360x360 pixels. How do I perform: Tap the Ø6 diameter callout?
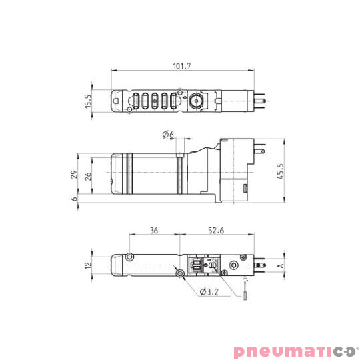[168, 135]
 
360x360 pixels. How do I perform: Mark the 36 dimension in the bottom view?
[154, 231]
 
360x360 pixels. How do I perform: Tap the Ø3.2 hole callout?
[208, 291]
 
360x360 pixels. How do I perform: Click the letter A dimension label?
[280, 265]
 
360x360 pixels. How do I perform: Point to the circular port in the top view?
[196, 103]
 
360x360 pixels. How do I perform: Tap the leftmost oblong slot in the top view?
[135, 102]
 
